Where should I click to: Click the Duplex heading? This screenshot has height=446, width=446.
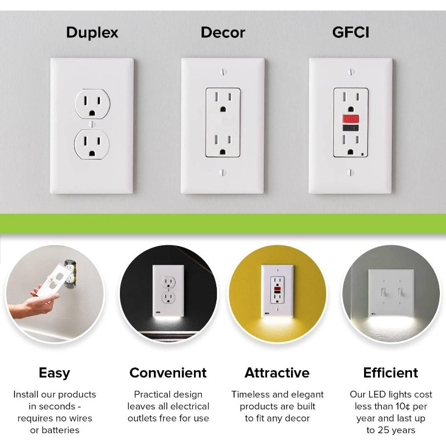pos(92,32)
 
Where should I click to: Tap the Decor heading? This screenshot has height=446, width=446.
pos(222,32)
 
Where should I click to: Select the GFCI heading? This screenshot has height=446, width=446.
pos(351,32)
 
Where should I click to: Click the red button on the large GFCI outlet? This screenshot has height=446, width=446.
pos(351,119)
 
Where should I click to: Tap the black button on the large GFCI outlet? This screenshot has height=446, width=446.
pos(351,128)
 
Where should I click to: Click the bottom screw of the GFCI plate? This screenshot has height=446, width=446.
pos(351,172)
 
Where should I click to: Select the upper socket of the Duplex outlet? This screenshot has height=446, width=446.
pos(92,104)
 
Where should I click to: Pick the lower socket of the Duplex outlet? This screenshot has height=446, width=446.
pos(92,143)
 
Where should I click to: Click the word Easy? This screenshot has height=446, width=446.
pos(54,373)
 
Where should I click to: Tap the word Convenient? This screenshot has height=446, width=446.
pos(168,373)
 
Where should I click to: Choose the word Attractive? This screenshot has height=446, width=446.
pos(277,373)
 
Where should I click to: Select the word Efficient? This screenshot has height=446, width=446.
pos(390,373)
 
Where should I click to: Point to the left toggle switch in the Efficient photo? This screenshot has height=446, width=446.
pos(384,291)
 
